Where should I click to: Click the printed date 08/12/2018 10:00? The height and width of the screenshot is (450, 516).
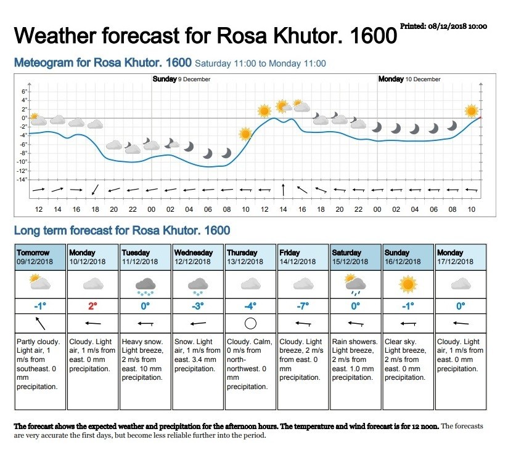coord(457,26)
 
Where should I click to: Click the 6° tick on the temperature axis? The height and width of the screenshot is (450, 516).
coord(24,91)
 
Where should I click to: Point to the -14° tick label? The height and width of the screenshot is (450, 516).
coord(22,180)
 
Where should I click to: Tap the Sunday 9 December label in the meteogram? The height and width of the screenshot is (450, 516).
coord(181,79)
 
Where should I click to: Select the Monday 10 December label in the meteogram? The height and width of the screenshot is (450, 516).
coord(409,79)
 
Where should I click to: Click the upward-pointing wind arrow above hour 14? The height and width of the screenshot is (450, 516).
coord(283,190)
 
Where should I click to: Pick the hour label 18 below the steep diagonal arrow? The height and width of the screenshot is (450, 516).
coord(95,209)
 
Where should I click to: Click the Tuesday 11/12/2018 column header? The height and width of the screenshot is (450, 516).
coord(145,257)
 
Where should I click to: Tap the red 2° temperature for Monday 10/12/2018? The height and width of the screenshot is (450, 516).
coord(92,306)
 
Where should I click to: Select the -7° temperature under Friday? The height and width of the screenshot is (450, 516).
coord(303,306)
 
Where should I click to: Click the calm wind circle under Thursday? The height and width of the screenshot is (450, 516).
coord(250,323)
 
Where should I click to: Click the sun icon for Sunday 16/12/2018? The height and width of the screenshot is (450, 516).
coord(408,284)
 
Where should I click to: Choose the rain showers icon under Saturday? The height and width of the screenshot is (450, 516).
coord(354,284)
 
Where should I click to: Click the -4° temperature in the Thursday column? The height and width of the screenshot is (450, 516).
coord(250,306)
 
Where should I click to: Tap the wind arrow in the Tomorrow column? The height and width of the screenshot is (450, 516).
coord(40,323)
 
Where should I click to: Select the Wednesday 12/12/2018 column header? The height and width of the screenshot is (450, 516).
coord(198,257)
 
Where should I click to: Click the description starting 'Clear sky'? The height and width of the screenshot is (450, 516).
coord(406,360)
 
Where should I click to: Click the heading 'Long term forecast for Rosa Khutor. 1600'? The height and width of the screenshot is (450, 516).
coord(122,230)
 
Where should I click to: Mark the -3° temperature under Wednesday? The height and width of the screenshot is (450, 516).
coord(198,306)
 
